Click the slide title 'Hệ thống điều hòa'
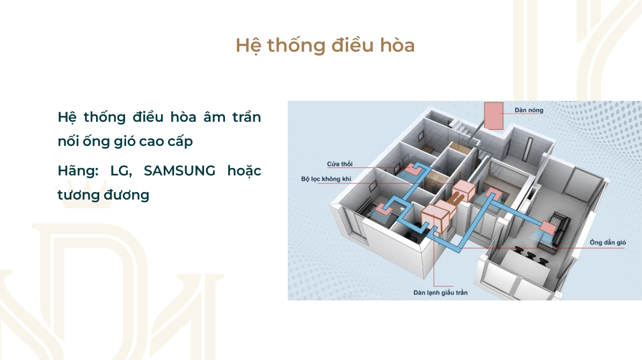[x=325, y=46]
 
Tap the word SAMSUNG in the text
[x=179, y=171]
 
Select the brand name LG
[x=121, y=171]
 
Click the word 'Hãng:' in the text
[x=78, y=171]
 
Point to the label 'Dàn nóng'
[x=529, y=110]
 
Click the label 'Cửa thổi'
[x=340, y=164]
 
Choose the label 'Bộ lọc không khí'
[x=326, y=179]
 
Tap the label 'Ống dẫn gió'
[x=608, y=242]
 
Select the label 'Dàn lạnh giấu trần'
[x=441, y=292]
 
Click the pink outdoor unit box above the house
[x=493, y=116]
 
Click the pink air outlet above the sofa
[x=548, y=227]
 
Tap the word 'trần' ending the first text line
[x=246, y=117]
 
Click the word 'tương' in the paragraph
[x=78, y=195]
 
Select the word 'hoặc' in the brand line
[x=244, y=171]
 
